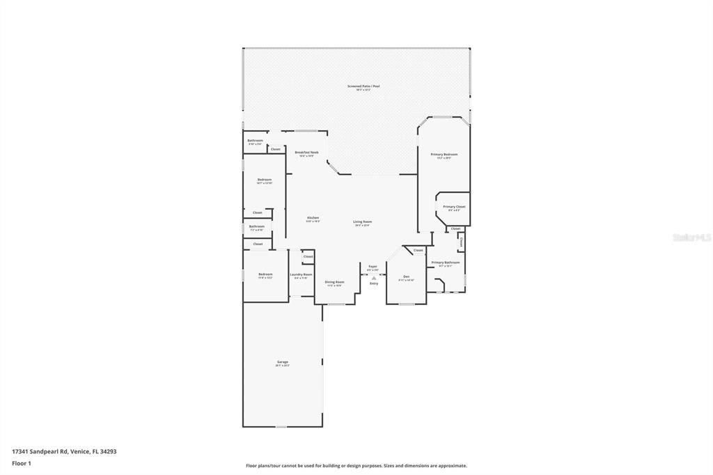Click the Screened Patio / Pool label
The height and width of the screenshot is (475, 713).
(x=363, y=86)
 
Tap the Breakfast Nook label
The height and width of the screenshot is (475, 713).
(x=306, y=153)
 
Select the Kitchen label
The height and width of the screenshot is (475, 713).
(x=313, y=218)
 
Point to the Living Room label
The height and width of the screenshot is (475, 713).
(x=362, y=222)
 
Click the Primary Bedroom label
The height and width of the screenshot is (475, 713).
(x=444, y=155)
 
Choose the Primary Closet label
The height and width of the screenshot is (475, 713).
(x=454, y=207)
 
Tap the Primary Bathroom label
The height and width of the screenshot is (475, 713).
(x=446, y=263)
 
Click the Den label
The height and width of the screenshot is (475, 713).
(x=406, y=277)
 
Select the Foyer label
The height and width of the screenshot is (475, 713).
(x=373, y=266)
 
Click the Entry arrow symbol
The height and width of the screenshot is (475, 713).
(x=374, y=277)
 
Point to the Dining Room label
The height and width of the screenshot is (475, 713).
(x=334, y=282)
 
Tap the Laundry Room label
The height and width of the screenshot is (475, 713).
(x=301, y=275)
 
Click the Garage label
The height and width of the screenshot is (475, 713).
(x=283, y=362)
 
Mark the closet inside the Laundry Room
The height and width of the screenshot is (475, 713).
(x=308, y=257)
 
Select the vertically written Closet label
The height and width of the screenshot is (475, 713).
(x=461, y=240)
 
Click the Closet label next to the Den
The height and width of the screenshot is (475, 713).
(x=418, y=251)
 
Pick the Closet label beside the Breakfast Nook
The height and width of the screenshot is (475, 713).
(x=276, y=149)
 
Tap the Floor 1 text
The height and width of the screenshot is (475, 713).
(x=22, y=463)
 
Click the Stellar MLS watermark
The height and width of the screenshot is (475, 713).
(x=691, y=238)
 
